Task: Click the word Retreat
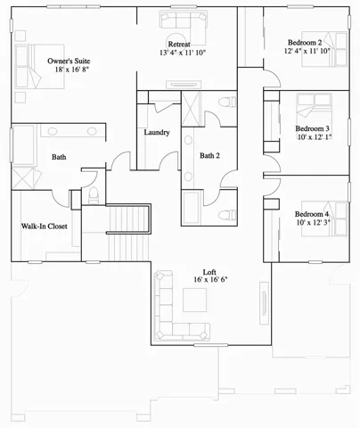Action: pos(181,44)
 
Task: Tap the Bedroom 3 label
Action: pos(313,128)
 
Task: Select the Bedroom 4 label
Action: pos(312,215)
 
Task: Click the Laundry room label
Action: pos(157,133)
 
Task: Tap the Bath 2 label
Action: pos(209,156)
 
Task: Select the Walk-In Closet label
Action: pos(44,226)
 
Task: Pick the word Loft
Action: pos(209,270)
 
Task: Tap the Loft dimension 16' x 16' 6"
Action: pos(210,280)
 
